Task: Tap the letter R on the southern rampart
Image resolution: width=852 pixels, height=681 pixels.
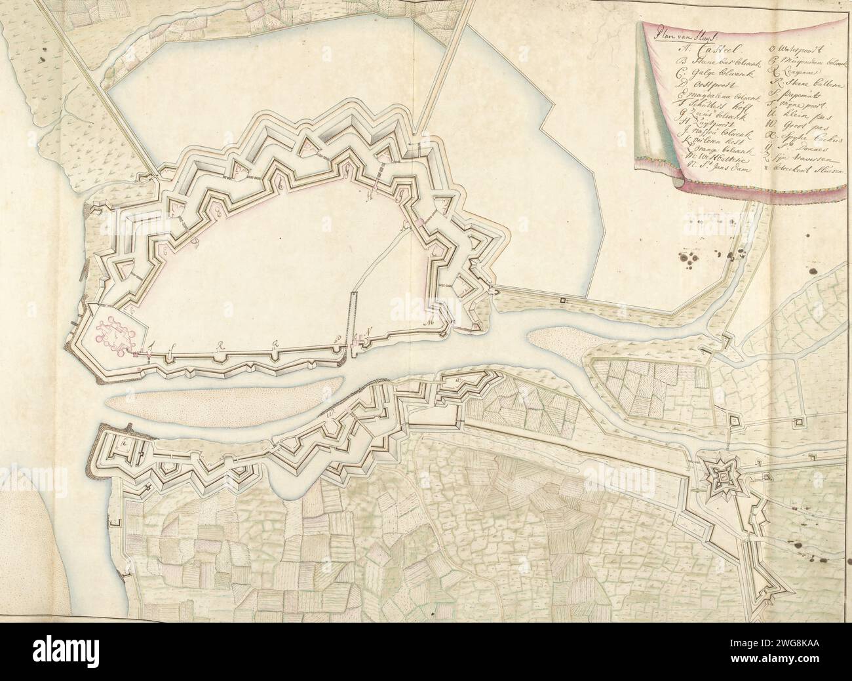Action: tap(221, 343)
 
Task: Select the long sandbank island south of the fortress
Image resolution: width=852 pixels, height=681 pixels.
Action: tap(223, 400)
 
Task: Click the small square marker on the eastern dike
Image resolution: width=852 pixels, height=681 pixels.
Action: tap(562, 300)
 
